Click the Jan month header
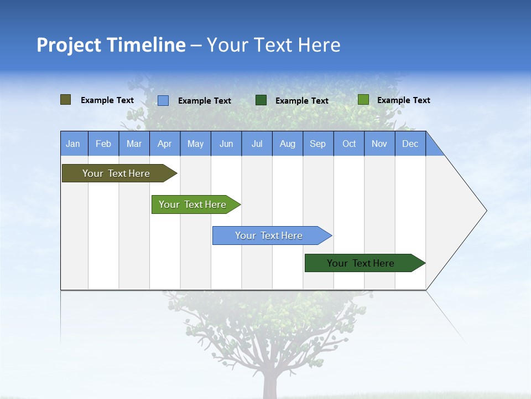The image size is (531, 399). pyautogui.click(x=74, y=144)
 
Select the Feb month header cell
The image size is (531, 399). pyautogui.click(x=103, y=144)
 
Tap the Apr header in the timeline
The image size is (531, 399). pyautogui.click(x=165, y=144)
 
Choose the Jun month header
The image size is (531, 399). pyautogui.click(x=226, y=144)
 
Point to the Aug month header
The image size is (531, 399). pyautogui.click(x=288, y=144)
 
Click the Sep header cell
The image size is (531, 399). pyautogui.click(x=318, y=144)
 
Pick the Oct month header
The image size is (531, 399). pyautogui.click(x=349, y=144)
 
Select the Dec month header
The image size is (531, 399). pyautogui.click(x=410, y=144)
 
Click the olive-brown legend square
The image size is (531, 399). pyautogui.click(x=66, y=100)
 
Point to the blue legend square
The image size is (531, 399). pyautogui.click(x=163, y=100)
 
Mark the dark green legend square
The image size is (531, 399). pyautogui.click(x=261, y=100)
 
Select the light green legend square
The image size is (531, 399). pyautogui.click(x=363, y=100)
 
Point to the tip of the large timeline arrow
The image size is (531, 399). pyautogui.click(x=486, y=211)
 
